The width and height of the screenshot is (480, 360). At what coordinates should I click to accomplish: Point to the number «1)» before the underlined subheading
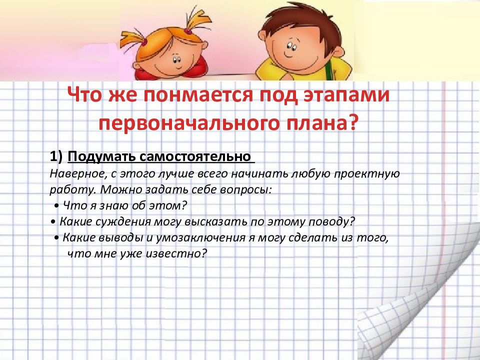tap(56, 156)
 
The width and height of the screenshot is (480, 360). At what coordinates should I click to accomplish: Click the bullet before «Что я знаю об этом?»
tap(56, 205)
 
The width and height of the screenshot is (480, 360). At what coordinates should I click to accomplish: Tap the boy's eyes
tap(291, 46)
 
